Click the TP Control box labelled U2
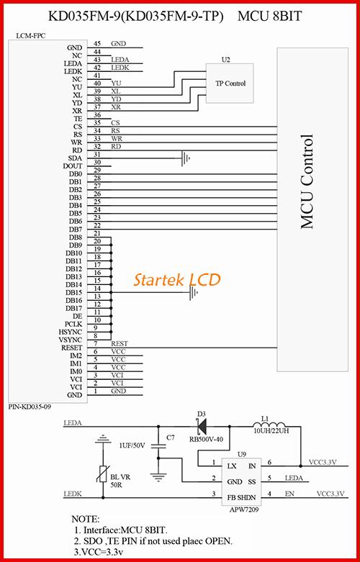point(230,83)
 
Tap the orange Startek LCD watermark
point(177,280)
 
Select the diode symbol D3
point(202,427)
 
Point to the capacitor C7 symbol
point(158,447)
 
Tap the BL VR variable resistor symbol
point(103,474)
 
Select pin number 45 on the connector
point(96,43)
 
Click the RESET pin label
point(72,348)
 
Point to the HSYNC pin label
point(71,332)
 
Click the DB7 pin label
point(76,230)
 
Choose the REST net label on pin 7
point(120,343)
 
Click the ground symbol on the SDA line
point(185,158)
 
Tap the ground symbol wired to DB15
point(194,292)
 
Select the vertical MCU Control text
point(307,182)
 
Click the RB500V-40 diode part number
point(206,439)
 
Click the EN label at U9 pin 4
point(289,494)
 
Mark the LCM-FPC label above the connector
point(31,36)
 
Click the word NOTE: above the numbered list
point(86,519)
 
